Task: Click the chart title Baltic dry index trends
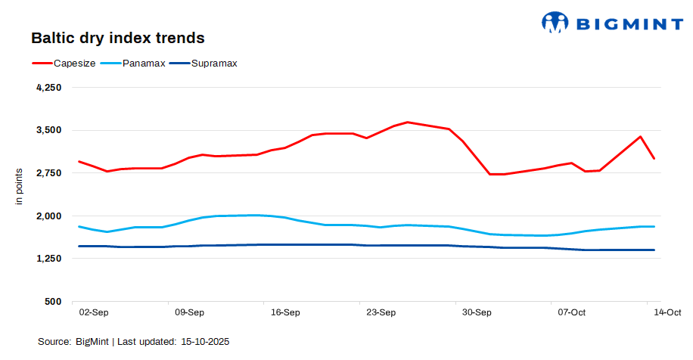[118, 37]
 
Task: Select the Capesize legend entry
[74, 63]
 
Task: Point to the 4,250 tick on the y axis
[48, 88]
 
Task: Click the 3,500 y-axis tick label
[48, 130]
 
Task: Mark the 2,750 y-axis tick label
[48, 173]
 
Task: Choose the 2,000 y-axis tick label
[48, 216]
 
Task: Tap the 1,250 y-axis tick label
[48, 259]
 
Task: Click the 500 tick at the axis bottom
[53, 302]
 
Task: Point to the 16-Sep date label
[285, 312]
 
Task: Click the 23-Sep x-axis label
[381, 312]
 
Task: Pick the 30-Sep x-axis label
[477, 312]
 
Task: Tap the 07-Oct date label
[572, 312]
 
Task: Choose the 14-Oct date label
[667, 312]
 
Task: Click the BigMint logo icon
[555, 23]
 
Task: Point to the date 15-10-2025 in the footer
[205, 342]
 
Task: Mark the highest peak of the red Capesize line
[408, 122]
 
